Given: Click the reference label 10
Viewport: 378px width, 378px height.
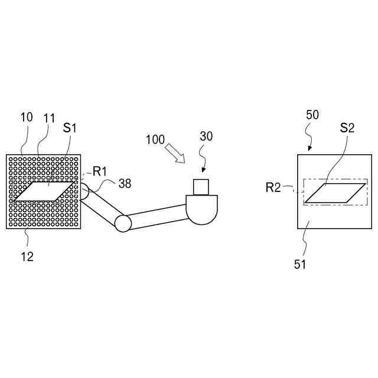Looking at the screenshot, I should (27, 117).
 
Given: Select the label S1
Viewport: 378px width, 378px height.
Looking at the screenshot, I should (71, 128).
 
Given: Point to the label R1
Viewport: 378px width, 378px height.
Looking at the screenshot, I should (100, 172).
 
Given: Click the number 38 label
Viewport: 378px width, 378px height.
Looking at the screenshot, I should (125, 183).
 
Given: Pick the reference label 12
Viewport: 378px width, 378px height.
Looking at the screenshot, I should (27, 256).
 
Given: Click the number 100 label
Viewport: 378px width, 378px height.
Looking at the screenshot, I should (155, 140).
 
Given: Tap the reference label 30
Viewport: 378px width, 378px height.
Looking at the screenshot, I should (206, 136).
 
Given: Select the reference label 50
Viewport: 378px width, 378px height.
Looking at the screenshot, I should (312, 115).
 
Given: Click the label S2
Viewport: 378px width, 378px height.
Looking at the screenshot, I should (347, 128).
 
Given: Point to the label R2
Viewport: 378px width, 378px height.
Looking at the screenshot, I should (273, 188).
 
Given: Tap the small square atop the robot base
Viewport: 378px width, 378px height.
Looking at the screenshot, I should (202, 186).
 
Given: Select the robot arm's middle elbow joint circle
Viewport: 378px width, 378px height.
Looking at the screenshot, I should (123, 223).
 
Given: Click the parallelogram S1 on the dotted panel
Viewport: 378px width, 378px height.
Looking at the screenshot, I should (45, 191).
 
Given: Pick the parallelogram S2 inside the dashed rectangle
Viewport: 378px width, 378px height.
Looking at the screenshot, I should (335, 193).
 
